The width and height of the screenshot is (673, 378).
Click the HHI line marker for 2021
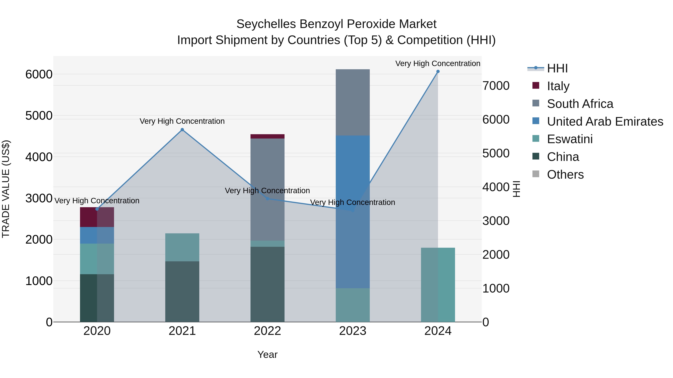182,130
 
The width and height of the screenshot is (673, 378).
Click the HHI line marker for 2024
438,71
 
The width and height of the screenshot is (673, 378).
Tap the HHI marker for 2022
267,199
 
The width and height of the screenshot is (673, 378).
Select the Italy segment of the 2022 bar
267,136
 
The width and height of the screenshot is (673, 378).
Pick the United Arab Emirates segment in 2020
97,235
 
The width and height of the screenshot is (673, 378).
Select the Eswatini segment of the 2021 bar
182,247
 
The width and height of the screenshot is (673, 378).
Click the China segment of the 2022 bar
267,284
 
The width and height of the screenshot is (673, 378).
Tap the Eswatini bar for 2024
438,285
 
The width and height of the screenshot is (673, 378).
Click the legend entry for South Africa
580,104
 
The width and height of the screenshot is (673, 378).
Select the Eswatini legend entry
570,139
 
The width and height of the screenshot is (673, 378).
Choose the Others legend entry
565,175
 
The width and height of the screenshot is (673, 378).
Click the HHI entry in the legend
557,68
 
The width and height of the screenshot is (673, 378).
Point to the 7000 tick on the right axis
496,86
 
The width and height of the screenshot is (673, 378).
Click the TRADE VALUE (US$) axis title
6,189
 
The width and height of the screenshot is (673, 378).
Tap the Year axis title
267,354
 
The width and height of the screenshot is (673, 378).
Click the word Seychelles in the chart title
266,24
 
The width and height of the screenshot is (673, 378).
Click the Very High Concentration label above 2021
182,121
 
